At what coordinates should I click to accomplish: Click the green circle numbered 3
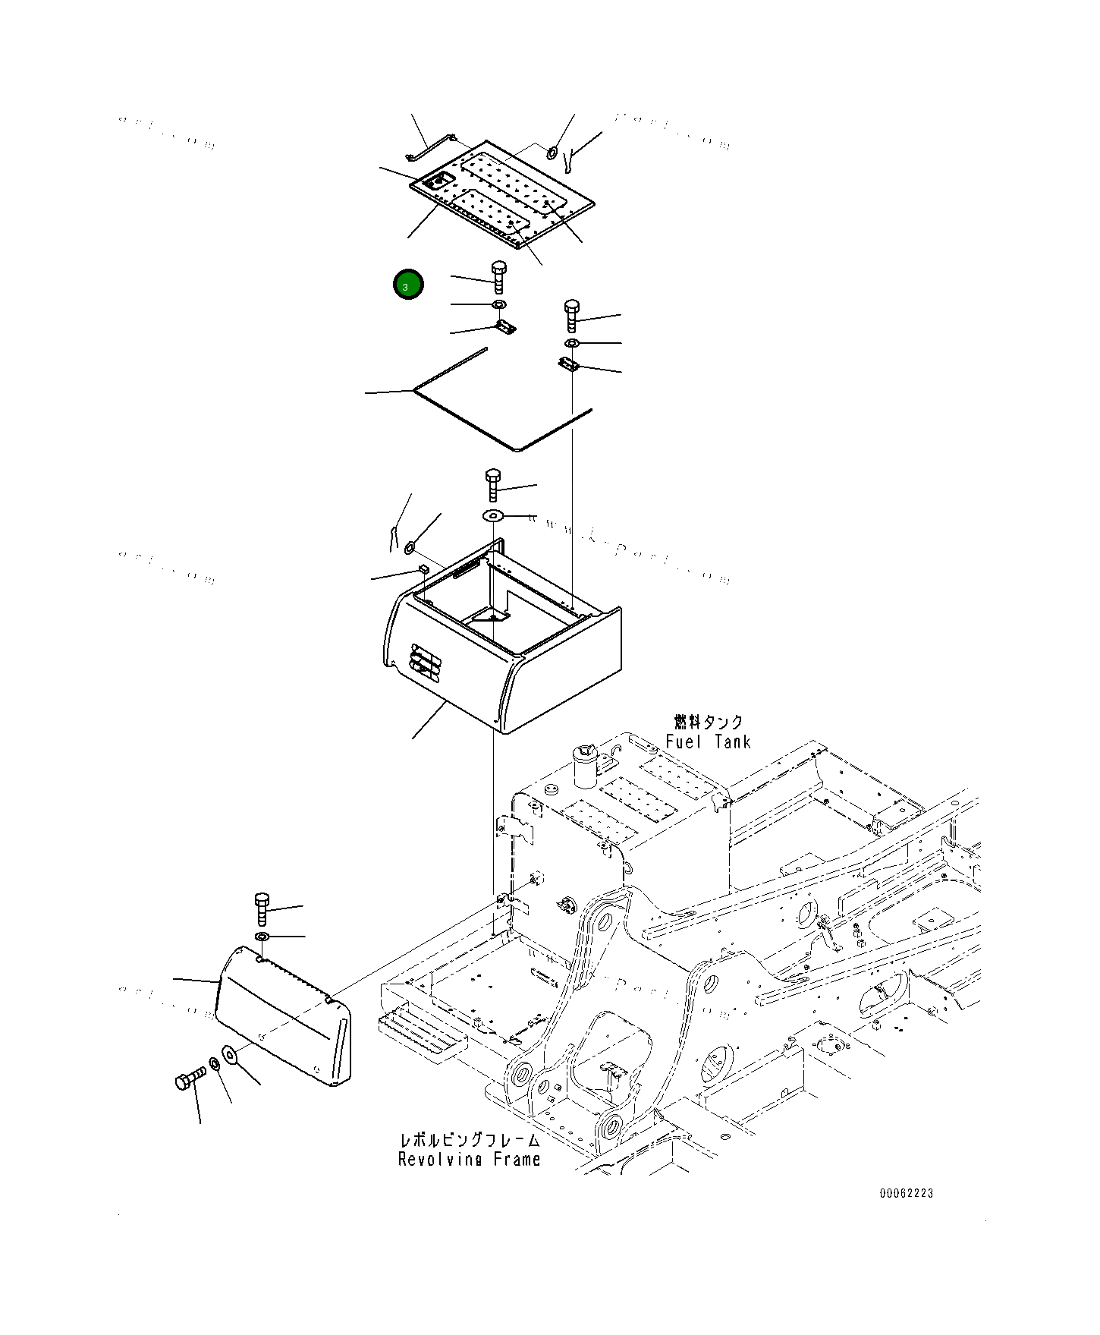(408, 285)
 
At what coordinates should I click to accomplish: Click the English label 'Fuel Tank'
(708, 741)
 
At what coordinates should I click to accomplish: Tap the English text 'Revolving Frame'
(469, 1159)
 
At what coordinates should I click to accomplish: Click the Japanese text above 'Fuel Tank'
(708, 722)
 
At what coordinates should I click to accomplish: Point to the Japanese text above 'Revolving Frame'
(469, 1140)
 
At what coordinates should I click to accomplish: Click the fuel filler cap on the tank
(585, 765)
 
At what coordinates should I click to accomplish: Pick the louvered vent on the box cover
(425, 661)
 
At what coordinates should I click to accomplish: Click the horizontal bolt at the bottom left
(190, 1078)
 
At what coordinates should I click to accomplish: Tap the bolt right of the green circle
(498, 277)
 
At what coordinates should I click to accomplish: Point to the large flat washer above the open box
(493, 517)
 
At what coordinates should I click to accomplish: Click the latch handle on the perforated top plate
(438, 181)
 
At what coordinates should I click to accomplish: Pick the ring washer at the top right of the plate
(553, 153)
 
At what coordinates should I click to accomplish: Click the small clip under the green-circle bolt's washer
(504, 327)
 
